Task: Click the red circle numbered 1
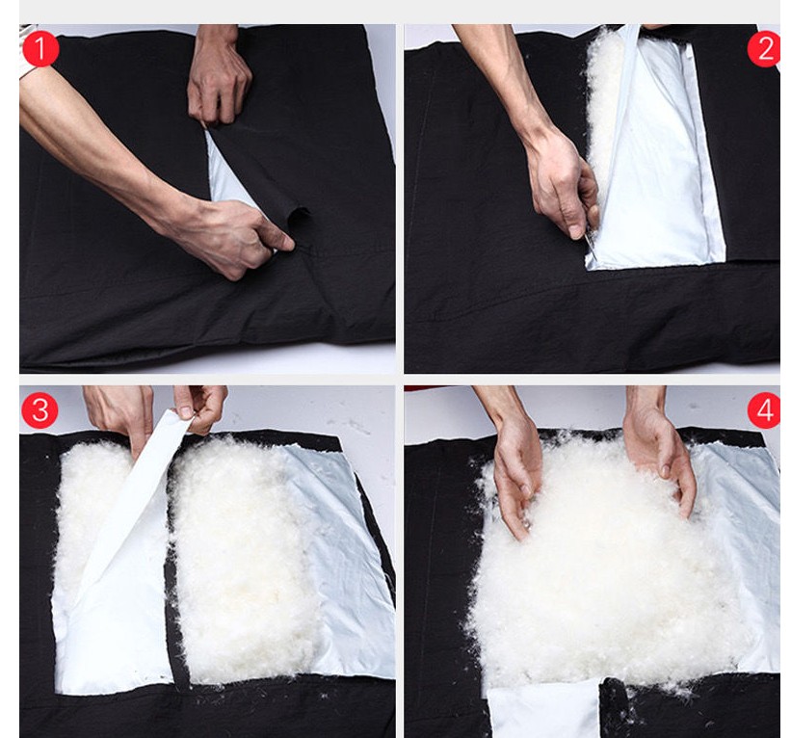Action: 40,48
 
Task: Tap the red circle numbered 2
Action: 765,48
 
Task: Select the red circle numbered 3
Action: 40,409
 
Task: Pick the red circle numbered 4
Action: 765,409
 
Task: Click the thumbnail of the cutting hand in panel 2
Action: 575,232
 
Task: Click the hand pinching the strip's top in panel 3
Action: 199,408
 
